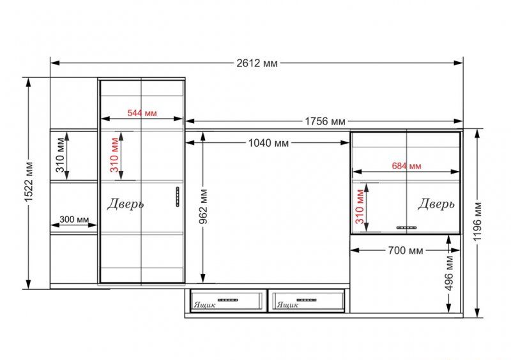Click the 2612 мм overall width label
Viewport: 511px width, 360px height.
[257, 63]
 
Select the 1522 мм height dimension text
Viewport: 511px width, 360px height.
[29, 182]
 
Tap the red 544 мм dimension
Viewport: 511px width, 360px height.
[142, 113]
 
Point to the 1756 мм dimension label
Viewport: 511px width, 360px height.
[325, 121]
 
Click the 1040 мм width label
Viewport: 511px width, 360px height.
[268, 143]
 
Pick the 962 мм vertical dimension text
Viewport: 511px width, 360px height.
[203, 206]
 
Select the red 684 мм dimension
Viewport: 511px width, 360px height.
[406, 166]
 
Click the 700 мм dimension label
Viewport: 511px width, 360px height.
[406, 250]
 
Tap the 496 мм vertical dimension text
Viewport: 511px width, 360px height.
[449, 273]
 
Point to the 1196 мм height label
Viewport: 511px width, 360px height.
[477, 221]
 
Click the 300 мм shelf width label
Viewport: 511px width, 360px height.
[74, 220]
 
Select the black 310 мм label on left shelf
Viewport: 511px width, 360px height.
[60, 155]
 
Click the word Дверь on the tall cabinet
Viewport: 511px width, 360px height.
[125, 204]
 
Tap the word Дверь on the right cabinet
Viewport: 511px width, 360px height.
[436, 204]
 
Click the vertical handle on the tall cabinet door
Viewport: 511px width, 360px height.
[178, 197]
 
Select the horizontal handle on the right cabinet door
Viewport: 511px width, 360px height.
[406, 228]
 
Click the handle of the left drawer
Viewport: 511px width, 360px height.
[228, 300]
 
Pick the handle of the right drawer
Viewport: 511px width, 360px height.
[307, 300]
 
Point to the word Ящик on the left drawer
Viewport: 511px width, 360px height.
[204, 305]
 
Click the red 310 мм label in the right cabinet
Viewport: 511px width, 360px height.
[360, 207]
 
